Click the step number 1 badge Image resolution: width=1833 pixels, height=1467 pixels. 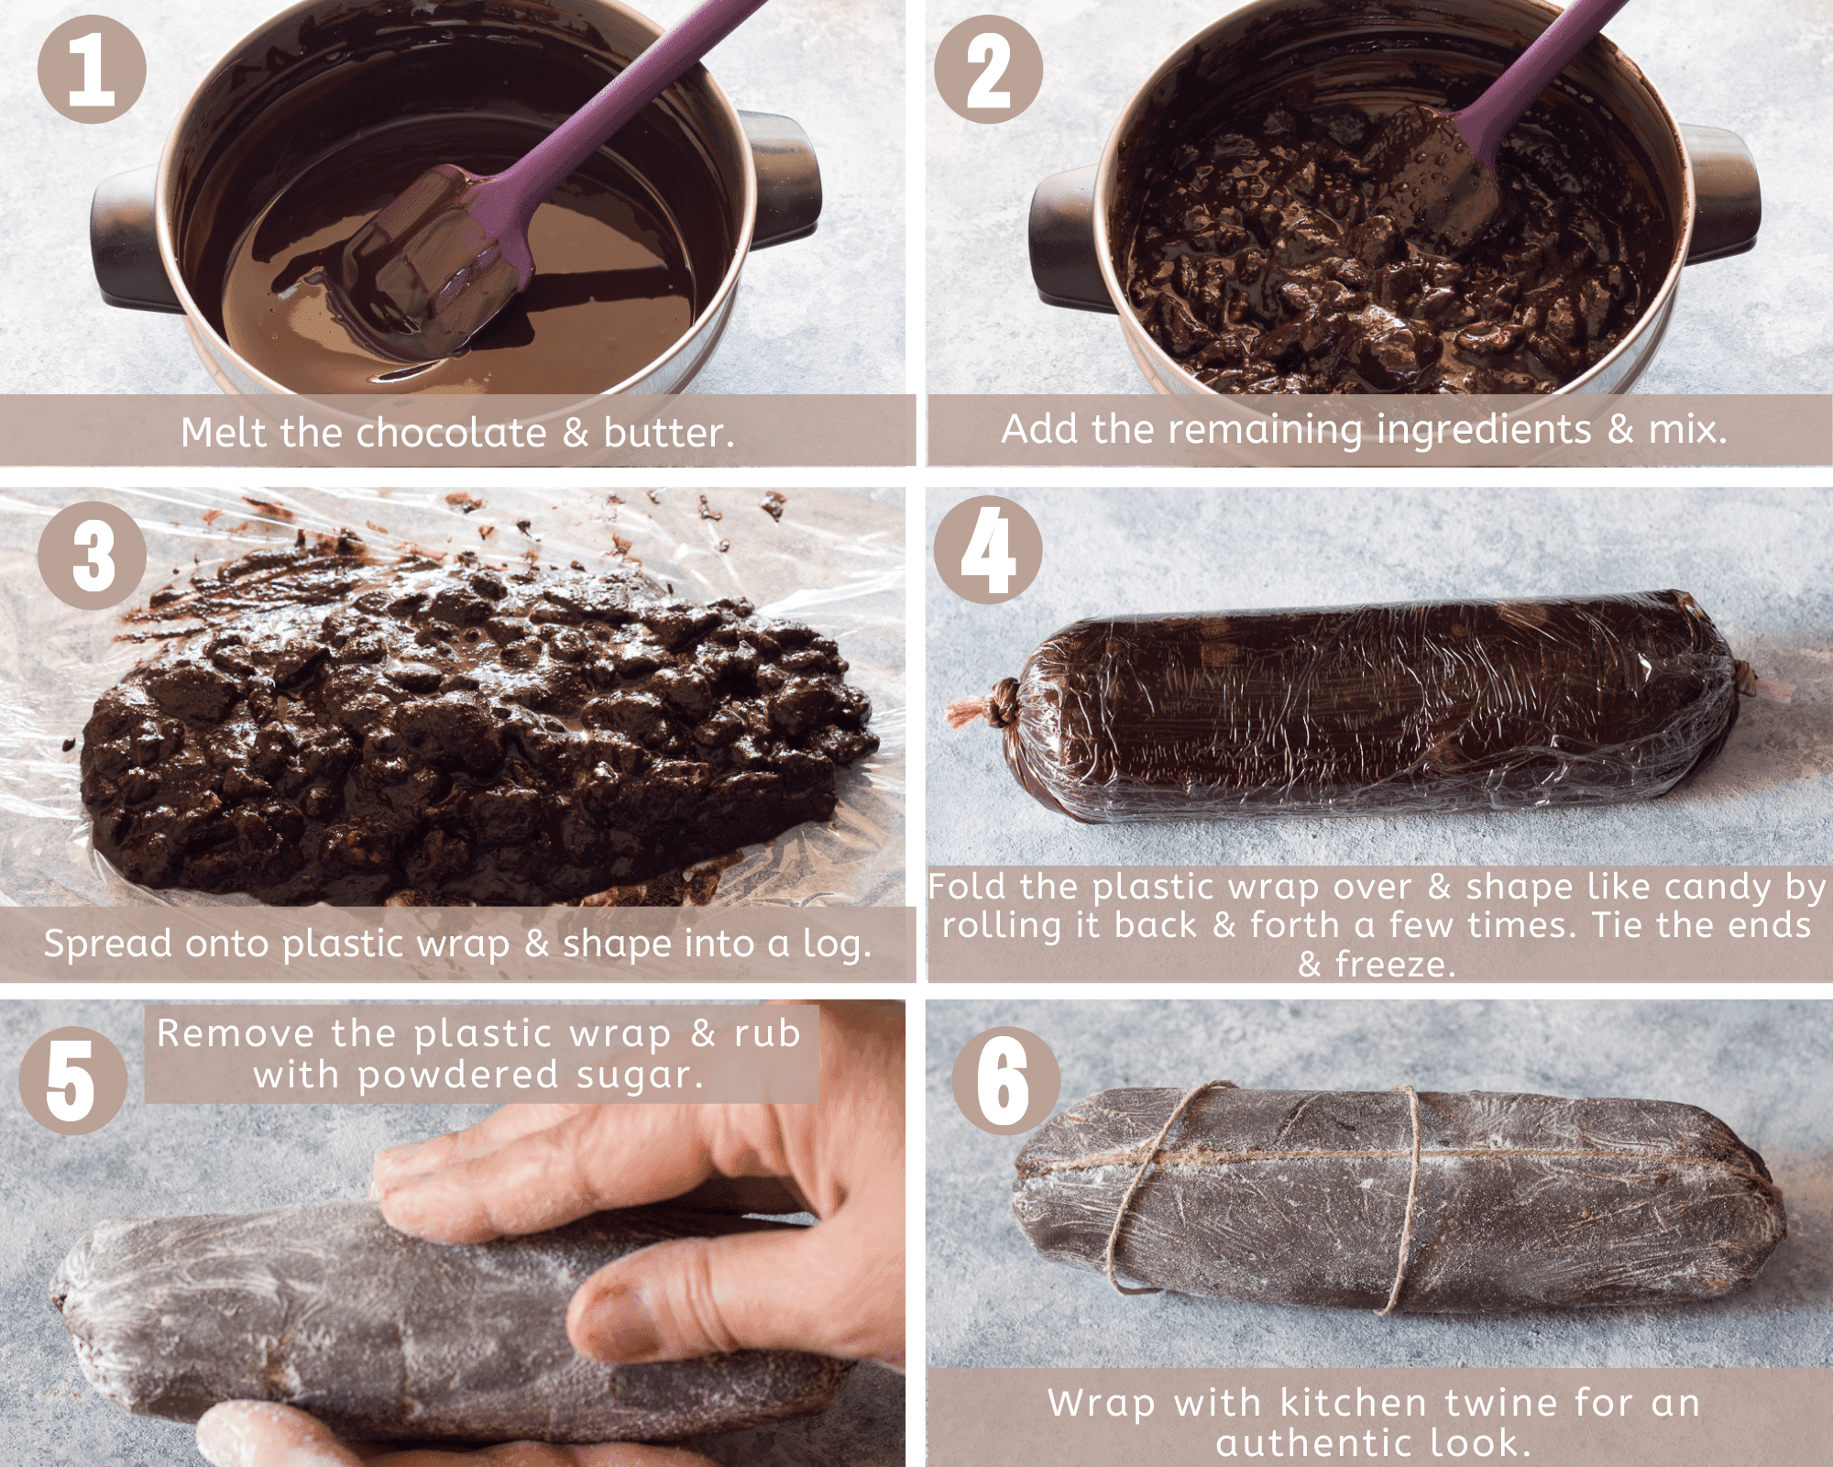pos(92,69)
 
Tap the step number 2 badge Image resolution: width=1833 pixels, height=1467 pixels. pos(988,69)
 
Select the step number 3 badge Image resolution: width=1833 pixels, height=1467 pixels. pos(92,556)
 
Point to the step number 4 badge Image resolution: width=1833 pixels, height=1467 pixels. pos(988,550)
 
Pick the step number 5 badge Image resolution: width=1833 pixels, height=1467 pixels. pos(73,1080)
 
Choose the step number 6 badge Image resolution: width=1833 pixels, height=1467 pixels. pos(1005,1080)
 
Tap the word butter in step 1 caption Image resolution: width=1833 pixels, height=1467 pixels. pos(668,432)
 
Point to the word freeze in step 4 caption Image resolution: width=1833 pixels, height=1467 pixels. pos(1395,965)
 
